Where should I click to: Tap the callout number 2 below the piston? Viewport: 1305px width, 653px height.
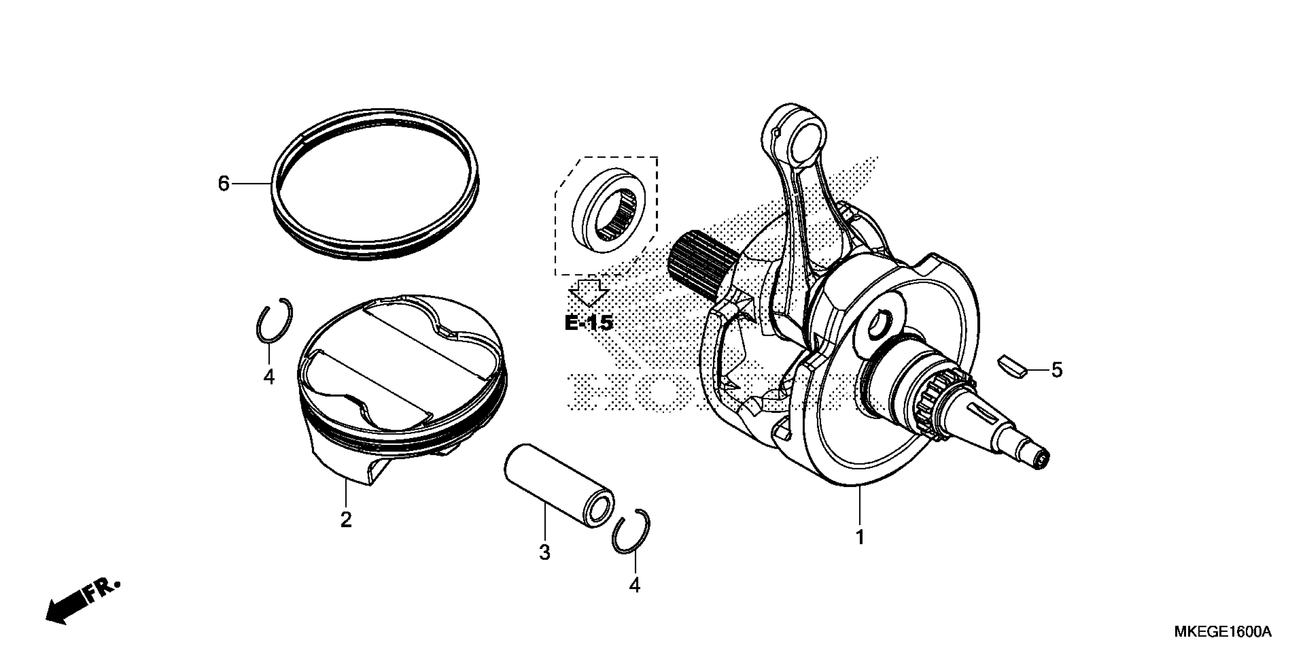[x=346, y=520]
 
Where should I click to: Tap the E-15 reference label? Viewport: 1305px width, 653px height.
[x=589, y=323]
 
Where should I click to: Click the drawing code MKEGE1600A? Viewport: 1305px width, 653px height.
[x=1222, y=632]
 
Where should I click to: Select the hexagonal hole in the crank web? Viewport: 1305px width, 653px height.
[x=880, y=325]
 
